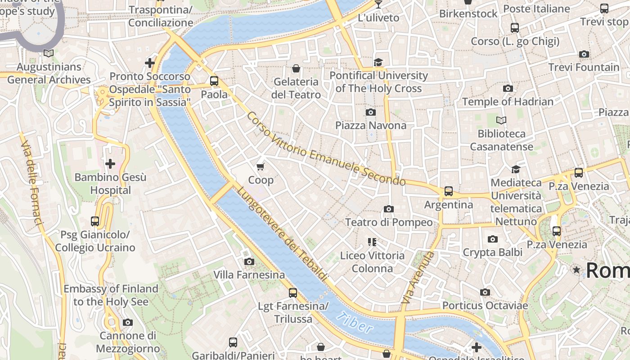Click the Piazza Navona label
tap(371, 125)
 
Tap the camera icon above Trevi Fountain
tap(584, 54)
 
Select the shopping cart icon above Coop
tap(260, 167)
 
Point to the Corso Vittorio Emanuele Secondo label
tap(326, 149)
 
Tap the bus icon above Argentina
tap(449, 191)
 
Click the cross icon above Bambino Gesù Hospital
tap(110, 164)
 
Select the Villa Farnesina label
tap(249, 274)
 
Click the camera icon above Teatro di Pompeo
tap(389, 209)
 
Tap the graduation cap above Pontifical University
tap(378, 62)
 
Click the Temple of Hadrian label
tap(508, 102)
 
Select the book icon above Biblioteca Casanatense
tap(501, 120)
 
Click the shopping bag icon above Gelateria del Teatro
tap(296, 68)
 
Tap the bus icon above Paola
tap(214, 81)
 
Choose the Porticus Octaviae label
tap(485, 306)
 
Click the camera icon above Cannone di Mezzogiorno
tap(128, 322)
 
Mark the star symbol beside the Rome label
tap(576, 270)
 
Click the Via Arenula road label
tap(418, 277)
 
